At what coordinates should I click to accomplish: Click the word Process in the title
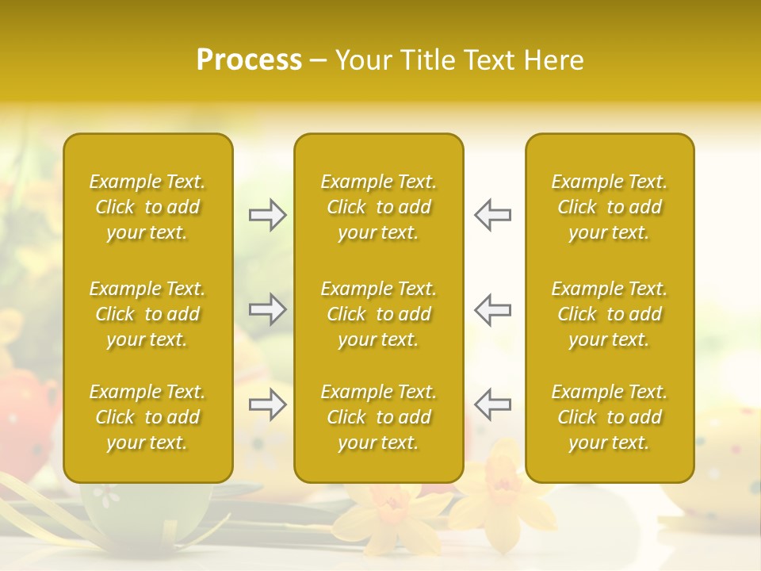click(x=249, y=60)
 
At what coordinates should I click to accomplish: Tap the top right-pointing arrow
click(x=268, y=215)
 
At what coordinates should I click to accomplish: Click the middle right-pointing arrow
click(x=268, y=309)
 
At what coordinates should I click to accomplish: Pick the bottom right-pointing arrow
click(x=268, y=404)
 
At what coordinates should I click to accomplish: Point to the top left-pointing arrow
click(x=492, y=215)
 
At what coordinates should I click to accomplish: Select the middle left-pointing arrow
click(x=492, y=309)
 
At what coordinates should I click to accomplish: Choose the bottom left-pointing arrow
click(x=492, y=404)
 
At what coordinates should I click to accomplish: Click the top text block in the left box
click(x=147, y=207)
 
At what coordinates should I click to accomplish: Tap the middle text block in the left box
click(x=147, y=314)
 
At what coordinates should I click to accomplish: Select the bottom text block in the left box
click(x=147, y=417)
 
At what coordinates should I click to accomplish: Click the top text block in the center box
click(x=378, y=207)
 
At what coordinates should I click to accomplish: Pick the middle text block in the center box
click(x=378, y=314)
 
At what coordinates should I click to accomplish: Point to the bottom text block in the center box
click(x=378, y=417)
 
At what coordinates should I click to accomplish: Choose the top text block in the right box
click(x=609, y=207)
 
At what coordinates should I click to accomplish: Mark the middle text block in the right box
click(x=609, y=314)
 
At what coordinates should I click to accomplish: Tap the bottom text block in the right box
click(x=609, y=417)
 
